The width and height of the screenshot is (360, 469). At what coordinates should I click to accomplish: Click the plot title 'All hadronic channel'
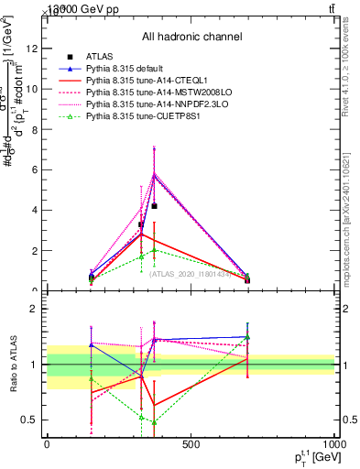point(191,37)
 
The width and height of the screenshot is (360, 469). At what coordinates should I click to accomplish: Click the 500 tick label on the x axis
point(191,445)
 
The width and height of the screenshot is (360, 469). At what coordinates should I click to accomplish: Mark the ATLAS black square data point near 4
point(155,206)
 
